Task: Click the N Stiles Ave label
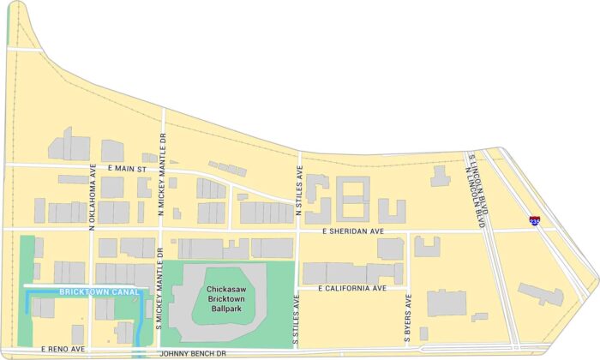tap(300, 192)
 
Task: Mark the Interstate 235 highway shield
tap(535, 221)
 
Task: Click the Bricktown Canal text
tap(88, 292)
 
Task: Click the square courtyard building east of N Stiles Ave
tap(352, 199)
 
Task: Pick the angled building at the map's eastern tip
tap(540, 294)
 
